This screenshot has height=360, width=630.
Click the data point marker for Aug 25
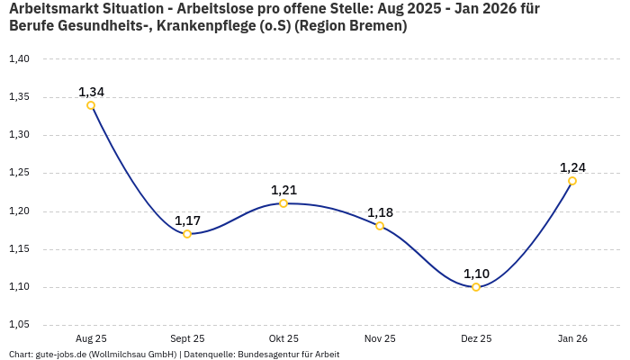(91, 105)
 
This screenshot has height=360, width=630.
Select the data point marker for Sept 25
(187, 234)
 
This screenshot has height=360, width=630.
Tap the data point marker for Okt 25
(283, 203)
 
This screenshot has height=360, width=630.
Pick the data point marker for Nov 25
(380, 226)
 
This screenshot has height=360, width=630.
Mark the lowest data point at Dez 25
(476, 287)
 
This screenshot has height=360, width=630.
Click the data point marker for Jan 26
(572, 181)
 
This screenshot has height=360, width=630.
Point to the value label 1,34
(91, 92)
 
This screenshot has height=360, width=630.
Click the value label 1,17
(187, 220)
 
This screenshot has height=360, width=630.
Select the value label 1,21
(283, 190)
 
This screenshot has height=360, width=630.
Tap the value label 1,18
(380, 212)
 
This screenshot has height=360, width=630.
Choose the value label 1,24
(572, 167)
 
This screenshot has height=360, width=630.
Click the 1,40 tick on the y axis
(19, 58)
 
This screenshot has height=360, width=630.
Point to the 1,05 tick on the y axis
(19, 324)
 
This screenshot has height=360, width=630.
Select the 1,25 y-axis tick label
(19, 173)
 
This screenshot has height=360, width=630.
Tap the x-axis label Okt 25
(283, 338)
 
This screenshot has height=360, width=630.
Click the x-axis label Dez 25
(476, 338)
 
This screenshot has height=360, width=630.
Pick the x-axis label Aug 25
(91, 338)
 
